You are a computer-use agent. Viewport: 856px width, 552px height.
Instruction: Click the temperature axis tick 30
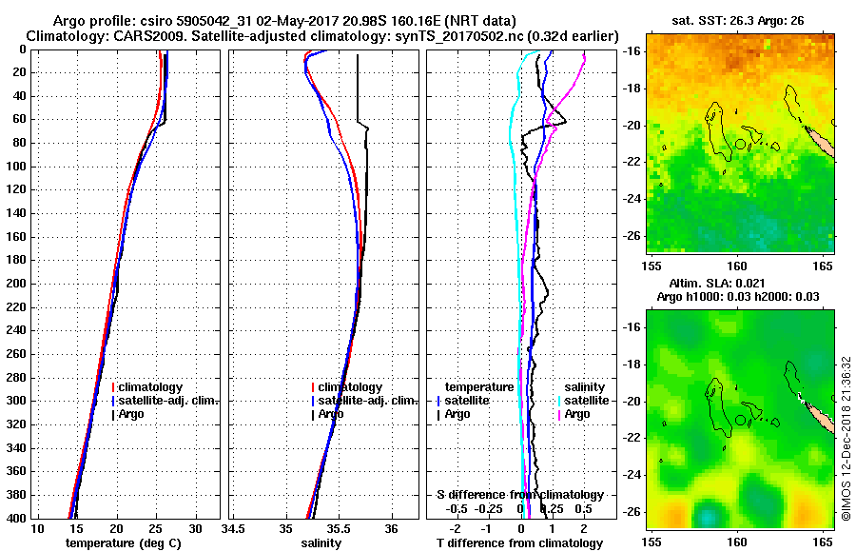pos(196,529)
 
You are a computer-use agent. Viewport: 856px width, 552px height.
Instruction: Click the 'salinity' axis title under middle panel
pos(321,543)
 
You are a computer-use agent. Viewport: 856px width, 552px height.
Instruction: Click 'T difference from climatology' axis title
pos(519,543)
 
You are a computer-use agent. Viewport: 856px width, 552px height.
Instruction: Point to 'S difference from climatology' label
pos(519,495)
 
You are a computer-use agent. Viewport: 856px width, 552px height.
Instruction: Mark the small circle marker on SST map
pos(740,145)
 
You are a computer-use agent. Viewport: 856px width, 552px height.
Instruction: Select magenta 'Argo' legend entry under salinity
pos(577,414)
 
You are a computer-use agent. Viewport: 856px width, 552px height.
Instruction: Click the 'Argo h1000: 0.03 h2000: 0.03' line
pos(737,297)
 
